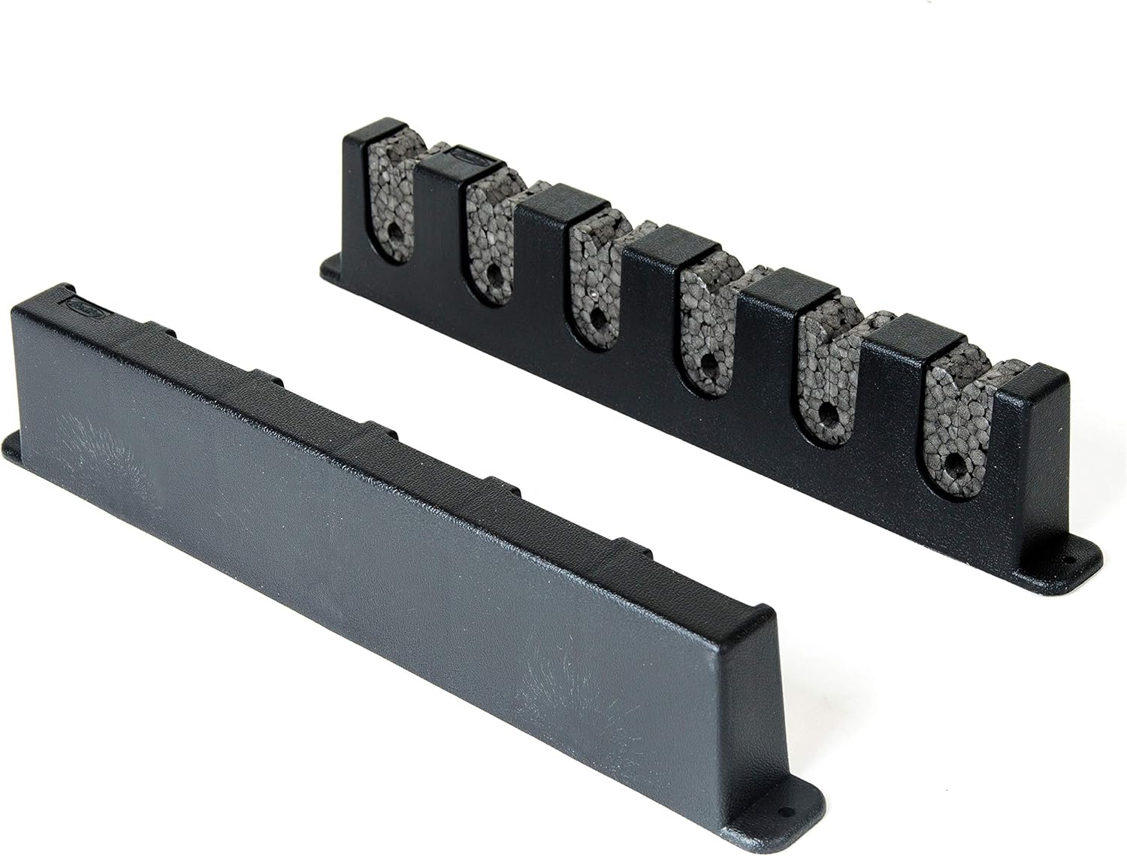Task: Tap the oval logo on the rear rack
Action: (468, 157)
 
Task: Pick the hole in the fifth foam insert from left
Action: (826, 410)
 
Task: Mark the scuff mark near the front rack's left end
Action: (109, 458)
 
